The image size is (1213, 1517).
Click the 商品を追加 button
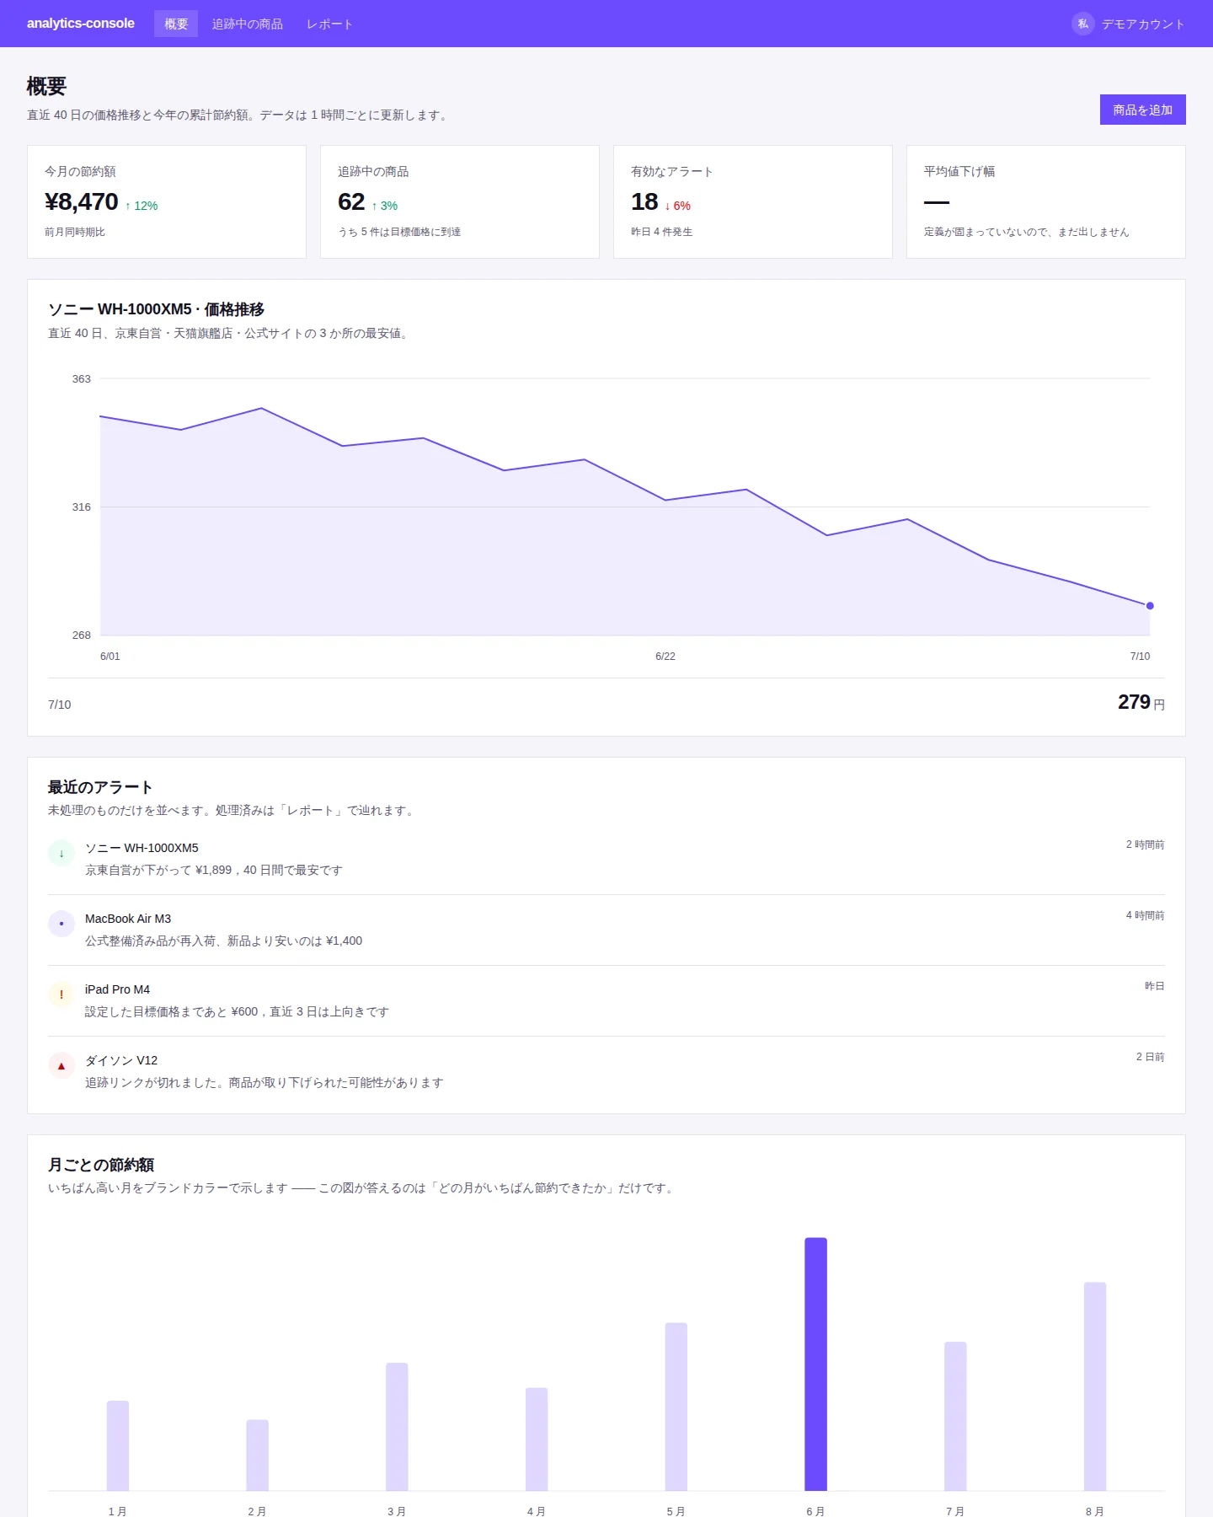click(x=1142, y=110)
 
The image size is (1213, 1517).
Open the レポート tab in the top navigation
click(x=329, y=24)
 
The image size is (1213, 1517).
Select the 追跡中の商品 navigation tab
click(x=247, y=24)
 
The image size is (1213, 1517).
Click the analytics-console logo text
click(x=81, y=23)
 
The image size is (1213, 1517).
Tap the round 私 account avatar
click(x=1083, y=24)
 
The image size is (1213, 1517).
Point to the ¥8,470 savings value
click(x=82, y=202)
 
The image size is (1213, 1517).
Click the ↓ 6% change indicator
click(x=677, y=206)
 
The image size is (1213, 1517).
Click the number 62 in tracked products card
click(x=351, y=202)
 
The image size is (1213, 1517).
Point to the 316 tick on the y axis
click(x=82, y=507)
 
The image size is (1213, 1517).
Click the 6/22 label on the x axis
click(x=665, y=656)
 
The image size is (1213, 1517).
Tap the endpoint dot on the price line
click(x=1150, y=606)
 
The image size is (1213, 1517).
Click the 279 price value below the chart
click(x=1134, y=702)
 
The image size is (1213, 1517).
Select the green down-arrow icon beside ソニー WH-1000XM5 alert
click(x=61, y=853)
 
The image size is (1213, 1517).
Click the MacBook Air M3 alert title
click(x=128, y=919)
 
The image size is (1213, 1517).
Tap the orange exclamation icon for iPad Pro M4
click(x=61, y=994)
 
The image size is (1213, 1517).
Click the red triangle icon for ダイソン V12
click(x=61, y=1065)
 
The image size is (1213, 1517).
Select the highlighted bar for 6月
click(x=815, y=1364)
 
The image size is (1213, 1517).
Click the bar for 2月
click(x=257, y=1455)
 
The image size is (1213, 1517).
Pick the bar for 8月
click(x=1095, y=1386)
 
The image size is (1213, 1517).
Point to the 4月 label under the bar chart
click(x=537, y=1511)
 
